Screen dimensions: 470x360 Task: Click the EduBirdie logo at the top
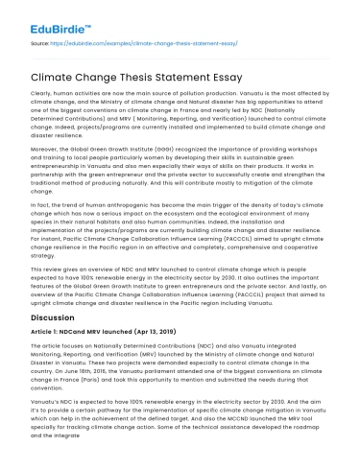pos(45,14)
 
